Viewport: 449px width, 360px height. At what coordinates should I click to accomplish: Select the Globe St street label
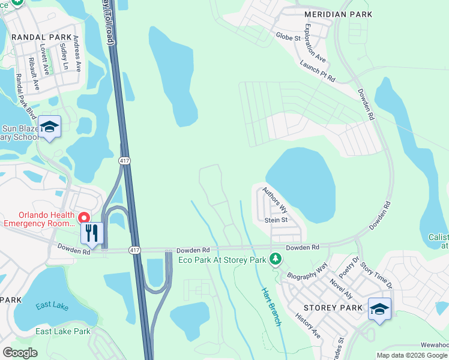pyautogui.click(x=288, y=37)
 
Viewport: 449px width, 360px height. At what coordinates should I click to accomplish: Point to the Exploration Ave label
pyautogui.click(x=315, y=44)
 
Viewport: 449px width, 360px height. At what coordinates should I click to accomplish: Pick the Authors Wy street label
pyautogui.click(x=275, y=200)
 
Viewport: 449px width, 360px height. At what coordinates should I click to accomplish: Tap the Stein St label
pyautogui.click(x=277, y=220)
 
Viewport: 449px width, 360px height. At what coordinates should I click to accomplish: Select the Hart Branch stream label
pyautogui.click(x=271, y=307)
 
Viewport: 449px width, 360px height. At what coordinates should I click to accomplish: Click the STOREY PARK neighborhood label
pyautogui.click(x=333, y=308)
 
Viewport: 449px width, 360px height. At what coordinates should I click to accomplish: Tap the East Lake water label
pyautogui.click(x=52, y=307)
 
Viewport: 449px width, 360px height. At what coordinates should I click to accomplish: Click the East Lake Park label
pyautogui.click(x=62, y=331)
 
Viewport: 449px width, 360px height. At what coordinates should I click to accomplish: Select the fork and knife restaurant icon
pyautogui.click(x=92, y=233)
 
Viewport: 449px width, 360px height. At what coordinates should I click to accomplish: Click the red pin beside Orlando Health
pyautogui.click(x=85, y=217)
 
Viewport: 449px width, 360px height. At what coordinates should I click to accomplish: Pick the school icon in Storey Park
pyautogui.click(x=379, y=309)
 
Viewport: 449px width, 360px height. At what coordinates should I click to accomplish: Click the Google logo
pyautogui.click(x=20, y=353)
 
